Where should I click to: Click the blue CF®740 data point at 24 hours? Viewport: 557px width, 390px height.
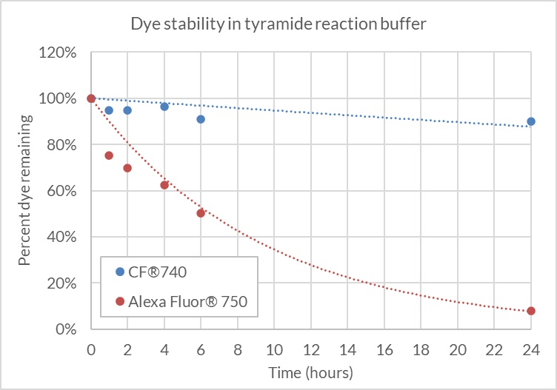coord(531,121)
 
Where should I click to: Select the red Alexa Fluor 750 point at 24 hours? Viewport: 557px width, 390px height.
coord(531,311)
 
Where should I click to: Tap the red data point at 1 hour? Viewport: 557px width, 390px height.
coord(109,155)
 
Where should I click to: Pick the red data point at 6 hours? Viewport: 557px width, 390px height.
coord(201,213)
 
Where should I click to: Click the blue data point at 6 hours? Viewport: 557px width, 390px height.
coord(201,119)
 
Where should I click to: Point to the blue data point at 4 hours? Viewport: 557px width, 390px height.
coord(164,107)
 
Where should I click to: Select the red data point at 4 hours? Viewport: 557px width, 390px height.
coord(164,185)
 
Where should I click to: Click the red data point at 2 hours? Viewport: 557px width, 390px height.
coord(127,168)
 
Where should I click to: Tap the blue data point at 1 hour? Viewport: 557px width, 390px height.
coord(109,110)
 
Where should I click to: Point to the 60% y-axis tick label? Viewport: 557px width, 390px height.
coord(64,191)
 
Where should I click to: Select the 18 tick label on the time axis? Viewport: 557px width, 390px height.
coord(421,349)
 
